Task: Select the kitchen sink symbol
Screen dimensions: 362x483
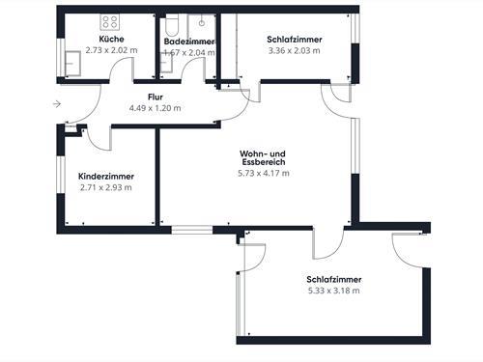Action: tap(71, 62)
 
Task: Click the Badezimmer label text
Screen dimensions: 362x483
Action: tap(188, 42)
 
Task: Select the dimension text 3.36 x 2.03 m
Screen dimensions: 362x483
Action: tap(294, 52)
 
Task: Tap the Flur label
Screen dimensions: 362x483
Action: tap(155, 97)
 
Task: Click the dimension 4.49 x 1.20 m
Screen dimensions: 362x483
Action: tap(155, 108)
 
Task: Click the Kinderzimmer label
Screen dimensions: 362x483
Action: tap(106, 177)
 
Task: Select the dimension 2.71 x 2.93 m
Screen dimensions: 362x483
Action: tap(106, 187)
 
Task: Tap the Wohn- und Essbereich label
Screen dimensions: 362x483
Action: tap(263, 159)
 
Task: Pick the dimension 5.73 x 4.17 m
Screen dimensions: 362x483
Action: tap(263, 174)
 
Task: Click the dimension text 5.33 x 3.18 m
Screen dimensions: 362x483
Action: tap(333, 290)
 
